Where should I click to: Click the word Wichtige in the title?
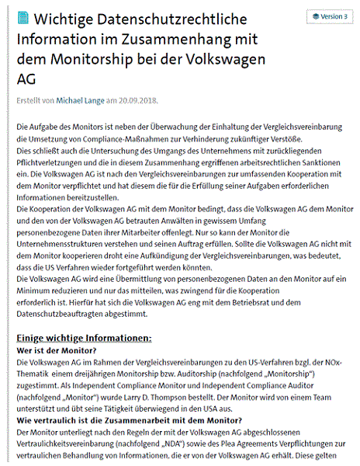(70, 18)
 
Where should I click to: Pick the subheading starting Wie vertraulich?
(116, 421)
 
